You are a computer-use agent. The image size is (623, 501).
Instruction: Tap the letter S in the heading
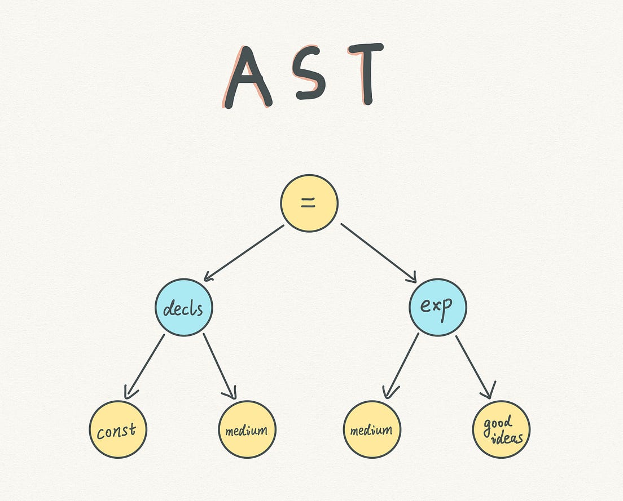[x=310, y=76]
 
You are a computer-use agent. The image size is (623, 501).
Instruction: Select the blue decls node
[x=184, y=308]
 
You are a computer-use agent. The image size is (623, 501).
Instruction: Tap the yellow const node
[x=117, y=429]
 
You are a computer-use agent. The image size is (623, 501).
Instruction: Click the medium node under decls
[x=247, y=429]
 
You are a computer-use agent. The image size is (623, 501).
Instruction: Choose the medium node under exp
[x=372, y=429]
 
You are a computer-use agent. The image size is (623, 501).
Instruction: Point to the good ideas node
[x=501, y=429]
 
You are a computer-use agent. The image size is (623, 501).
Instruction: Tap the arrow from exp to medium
[x=402, y=365]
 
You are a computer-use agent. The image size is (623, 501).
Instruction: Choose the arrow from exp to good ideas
[x=475, y=365]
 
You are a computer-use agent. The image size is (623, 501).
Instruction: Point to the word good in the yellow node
[x=497, y=423]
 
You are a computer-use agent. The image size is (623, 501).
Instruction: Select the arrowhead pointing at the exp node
[x=411, y=277]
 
